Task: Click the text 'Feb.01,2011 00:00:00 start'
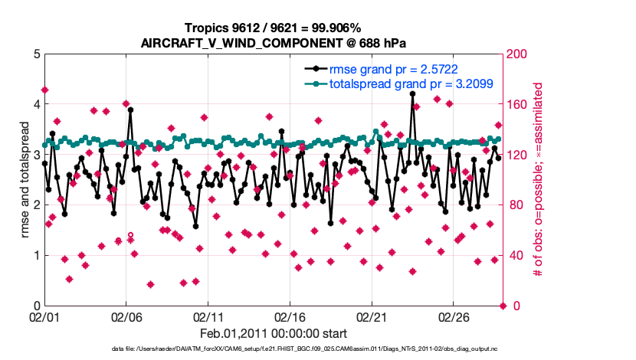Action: [274, 334]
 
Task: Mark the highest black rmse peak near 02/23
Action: [412, 93]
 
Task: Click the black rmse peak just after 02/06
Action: [131, 110]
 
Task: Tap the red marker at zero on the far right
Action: [503, 306]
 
